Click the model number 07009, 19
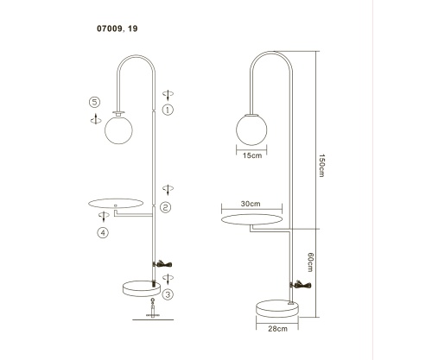[x=118, y=28]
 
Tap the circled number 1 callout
[x=168, y=110]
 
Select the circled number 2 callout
[x=165, y=207]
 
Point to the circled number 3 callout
[x=168, y=294]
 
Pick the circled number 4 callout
[x=103, y=232]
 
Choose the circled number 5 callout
[x=94, y=102]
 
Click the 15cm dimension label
[x=252, y=155]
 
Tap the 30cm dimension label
[x=251, y=204]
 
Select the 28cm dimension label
[x=277, y=329]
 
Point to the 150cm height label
[x=321, y=166]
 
